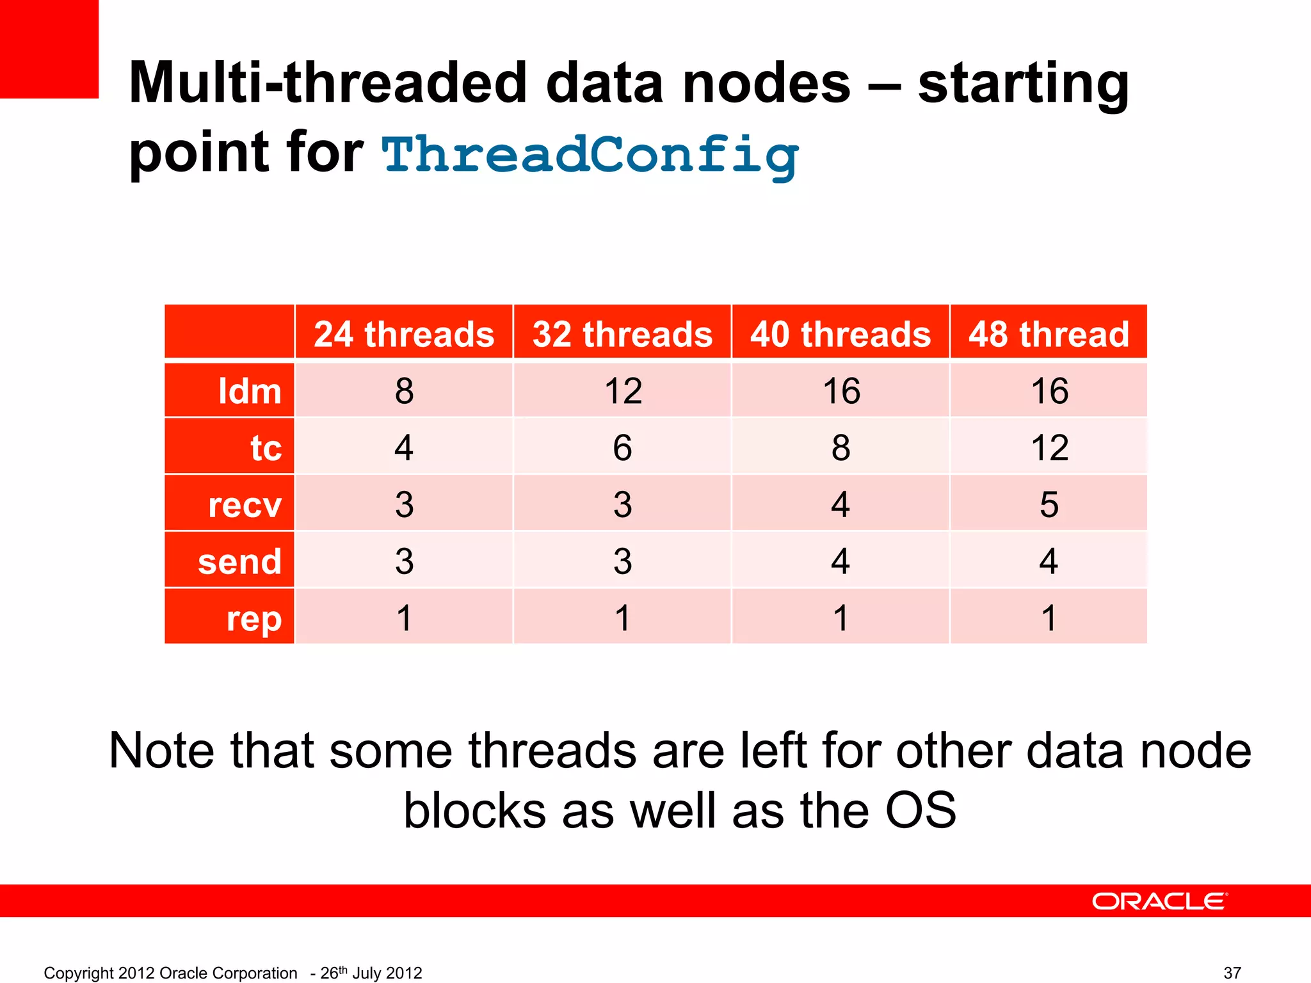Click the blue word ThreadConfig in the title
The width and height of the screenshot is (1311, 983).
pyautogui.click(x=590, y=156)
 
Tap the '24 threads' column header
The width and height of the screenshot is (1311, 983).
pyautogui.click(x=404, y=334)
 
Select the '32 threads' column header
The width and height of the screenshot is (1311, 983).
pyautogui.click(x=622, y=334)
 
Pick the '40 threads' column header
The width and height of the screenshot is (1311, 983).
pyautogui.click(x=840, y=334)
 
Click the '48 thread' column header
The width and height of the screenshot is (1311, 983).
pyautogui.click(x=1049, y=334)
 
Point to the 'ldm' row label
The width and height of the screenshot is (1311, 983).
pyautogui.click(x=250, y=391)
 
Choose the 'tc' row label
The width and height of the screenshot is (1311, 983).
pyautogui.click(x=266, y=447)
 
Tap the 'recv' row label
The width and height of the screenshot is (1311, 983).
pyautogui.click(x=245, y=504)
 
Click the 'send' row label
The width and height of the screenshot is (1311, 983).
pyautogui.click(x=239, y=561)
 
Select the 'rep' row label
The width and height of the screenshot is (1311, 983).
pyautogui.click(x=254, y=618)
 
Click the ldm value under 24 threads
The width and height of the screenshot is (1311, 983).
pyautogui.click(x=404, y=391)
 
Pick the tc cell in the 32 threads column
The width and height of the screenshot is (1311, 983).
pyautogui.click(x=622, y=447)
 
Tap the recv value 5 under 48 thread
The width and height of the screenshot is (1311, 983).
pyautogui.click(x=1049, y=504)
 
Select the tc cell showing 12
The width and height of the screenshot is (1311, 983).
pyautogui.click(x=1049, y=447)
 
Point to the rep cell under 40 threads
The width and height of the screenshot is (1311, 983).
pyautogui.click(x=840, y=618)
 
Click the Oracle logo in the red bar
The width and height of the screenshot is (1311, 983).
pyautogui.click(x=1159, y=901)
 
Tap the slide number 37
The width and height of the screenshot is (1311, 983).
pyautogui.click(x=1232, y=973)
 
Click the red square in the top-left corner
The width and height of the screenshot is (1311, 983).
pyautogui.click(x=49, y=49)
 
